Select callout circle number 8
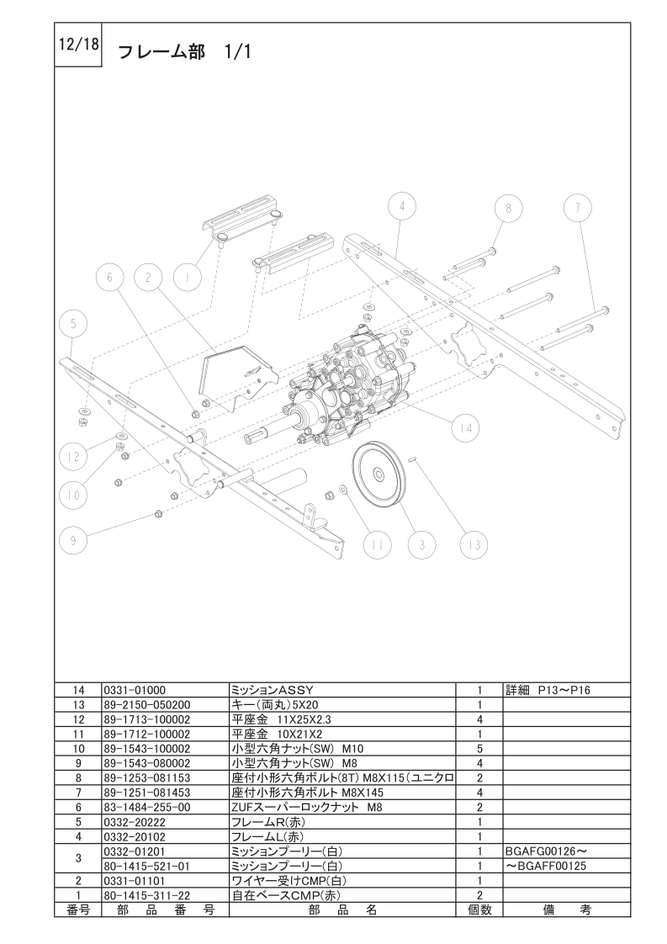[508, 208]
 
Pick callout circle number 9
[73, 541]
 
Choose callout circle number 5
[73, 324]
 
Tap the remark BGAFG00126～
[542, 851]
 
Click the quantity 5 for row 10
[479, 747]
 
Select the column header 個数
[479, 910]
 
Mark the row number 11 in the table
[77, 733]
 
